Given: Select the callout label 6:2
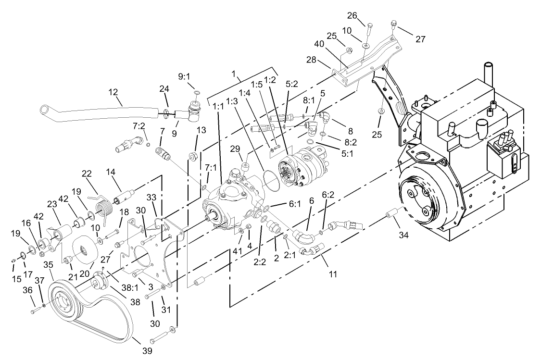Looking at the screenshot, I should (327, 196).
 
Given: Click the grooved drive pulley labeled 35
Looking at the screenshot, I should (67, 300).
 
